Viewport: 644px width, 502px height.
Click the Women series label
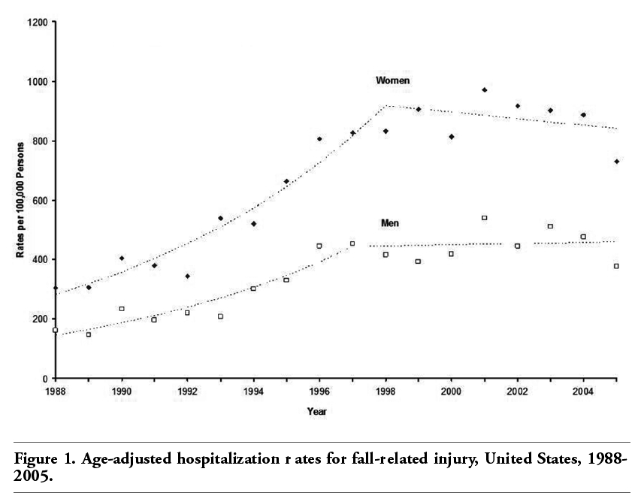coord(393,80)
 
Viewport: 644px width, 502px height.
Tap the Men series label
coord(390,223)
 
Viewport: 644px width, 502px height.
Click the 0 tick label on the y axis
coord(47,379)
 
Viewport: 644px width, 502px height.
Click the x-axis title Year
coord(316,411)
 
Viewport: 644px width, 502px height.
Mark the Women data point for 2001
coord(485,90)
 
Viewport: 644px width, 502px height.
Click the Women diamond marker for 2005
coord(616,162)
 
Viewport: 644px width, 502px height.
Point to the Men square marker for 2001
coord(485,218)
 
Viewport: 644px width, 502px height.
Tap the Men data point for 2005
coord(616,266)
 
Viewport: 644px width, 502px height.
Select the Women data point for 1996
coord(319,139)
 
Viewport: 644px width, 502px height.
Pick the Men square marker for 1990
coord(122,308)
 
